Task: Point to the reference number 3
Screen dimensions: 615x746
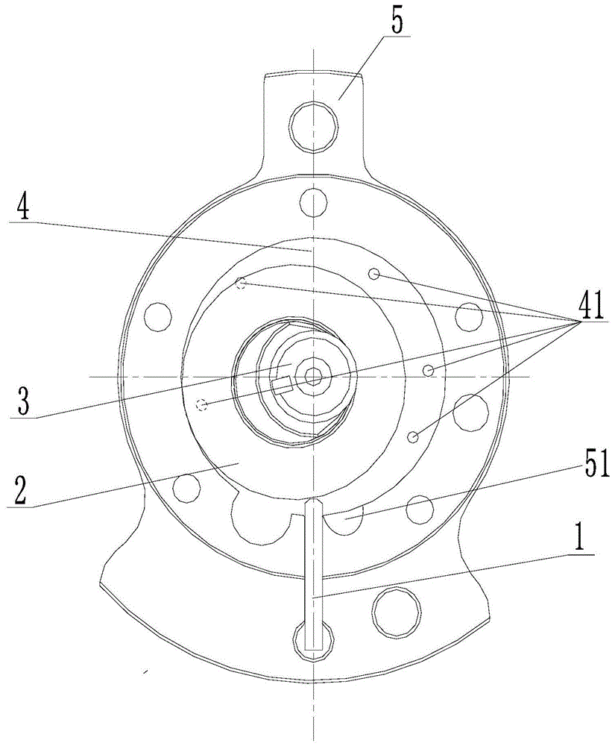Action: pos(22,401)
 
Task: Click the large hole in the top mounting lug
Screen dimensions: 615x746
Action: pos(314,126)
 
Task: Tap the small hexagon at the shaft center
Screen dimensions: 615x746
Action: pos(313,376)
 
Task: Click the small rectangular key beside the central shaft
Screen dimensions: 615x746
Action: pos(282,385)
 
